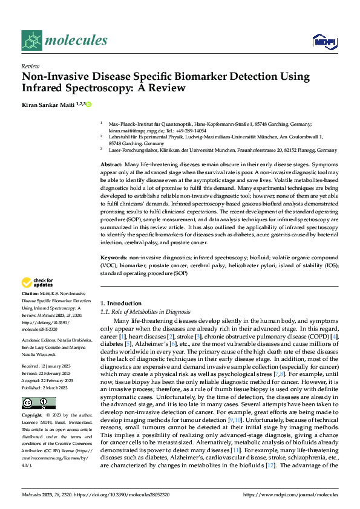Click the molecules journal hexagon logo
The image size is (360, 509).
coord(32,40)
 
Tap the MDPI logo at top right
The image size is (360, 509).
coord(324,41)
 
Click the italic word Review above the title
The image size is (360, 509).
coord(30,66)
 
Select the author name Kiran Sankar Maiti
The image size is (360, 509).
coord(49,105)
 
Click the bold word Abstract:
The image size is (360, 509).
coord(111,165)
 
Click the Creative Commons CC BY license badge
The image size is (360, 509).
coord(39,403)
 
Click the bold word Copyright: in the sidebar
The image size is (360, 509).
coord(33,416)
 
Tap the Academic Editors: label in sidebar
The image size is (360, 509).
coord(38,341)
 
